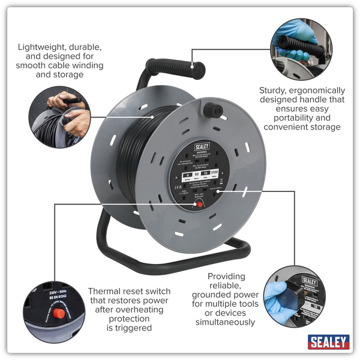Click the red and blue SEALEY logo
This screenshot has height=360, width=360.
(328, 342)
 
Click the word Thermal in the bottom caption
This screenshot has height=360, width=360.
(106, 290)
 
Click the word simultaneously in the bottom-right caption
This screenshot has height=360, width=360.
(223, 322)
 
